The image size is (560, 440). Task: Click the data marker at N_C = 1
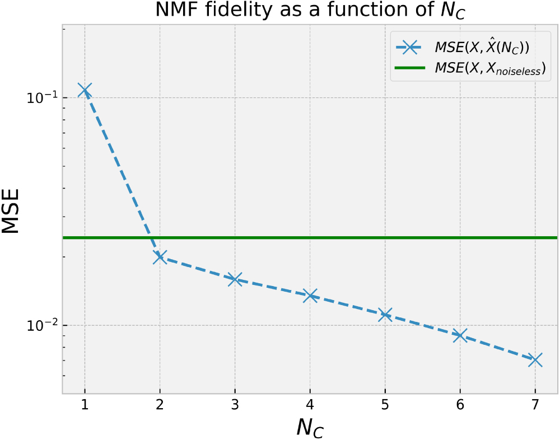point(85,90)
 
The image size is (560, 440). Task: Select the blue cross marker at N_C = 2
point(160,257)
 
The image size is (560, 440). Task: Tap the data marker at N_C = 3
point(235,279)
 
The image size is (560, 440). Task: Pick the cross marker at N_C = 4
point(310,295)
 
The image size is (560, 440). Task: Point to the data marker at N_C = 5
point(385,315)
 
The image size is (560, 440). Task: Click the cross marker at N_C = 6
point(460,335)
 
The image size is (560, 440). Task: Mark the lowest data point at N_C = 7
point(535,360)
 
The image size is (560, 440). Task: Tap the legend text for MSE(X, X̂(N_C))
point(481,48)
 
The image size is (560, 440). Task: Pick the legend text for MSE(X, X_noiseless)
point(489,69)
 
